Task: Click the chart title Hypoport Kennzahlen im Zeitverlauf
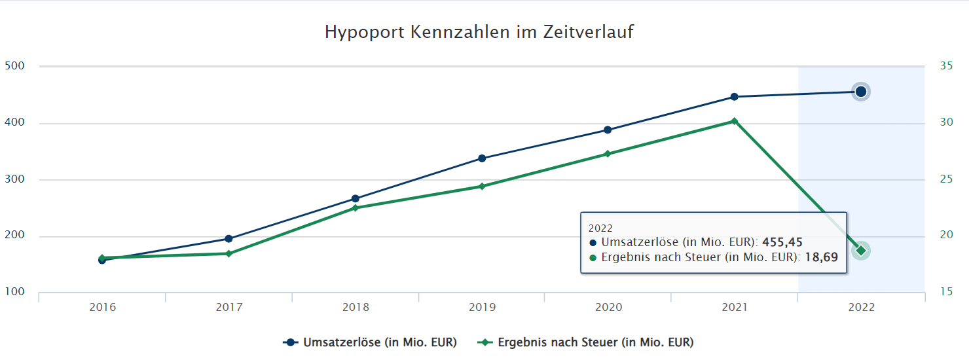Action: (x=479, y=32)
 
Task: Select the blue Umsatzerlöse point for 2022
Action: (x=860, y=92)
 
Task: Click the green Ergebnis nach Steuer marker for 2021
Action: (x=734, y=121)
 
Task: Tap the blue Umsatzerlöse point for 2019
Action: (x=482, y=158)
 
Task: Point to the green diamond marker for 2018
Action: (x=356, y=208)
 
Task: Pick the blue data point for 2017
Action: (x=229, y=239)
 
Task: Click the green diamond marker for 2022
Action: (x=860, y=251)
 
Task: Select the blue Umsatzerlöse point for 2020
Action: (x=608, y=130)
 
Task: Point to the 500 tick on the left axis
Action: (x=14, y=66)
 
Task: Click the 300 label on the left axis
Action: (x=14, y=179)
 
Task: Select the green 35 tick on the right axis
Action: (x=946, y=66)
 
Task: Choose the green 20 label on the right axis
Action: (x=946, y=236)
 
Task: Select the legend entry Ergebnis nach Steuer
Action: (x=594, y=342)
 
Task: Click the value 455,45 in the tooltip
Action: (x=782, y=242)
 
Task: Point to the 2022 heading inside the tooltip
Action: (x=600, y=228)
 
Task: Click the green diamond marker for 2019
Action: (x=482, y=187)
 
